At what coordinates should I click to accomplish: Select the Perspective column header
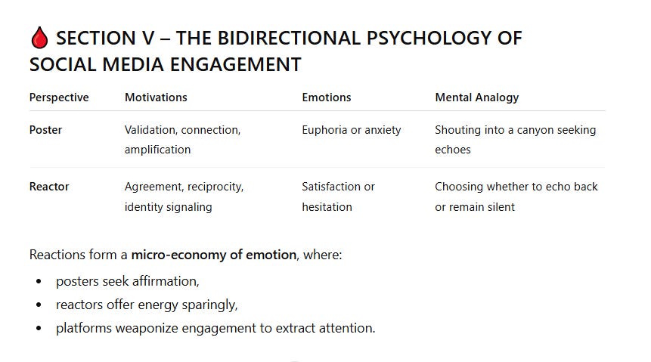pyautogui.click(x=59, y=97)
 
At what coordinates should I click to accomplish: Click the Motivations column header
pyautogui.click(x=156, y=97)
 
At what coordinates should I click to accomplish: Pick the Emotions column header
pyautogui.click(x=327, y=97)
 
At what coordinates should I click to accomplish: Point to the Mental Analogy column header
pyautogui.click(x=477, y=97)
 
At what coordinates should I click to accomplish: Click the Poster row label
pyautogui.click(x=46, y=130)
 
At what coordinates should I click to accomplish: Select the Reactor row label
pyautogui.click(x=49, y=187)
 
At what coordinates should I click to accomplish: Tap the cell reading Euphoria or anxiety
pyautogui.click(x=352, y=130)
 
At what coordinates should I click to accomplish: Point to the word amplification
pyautogui.click(x=157, y=150)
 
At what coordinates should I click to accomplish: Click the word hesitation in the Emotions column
pyautogui.click(x=327, y=207)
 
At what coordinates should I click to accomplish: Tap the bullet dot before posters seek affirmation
pyautogui.click(x=39, y=282)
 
